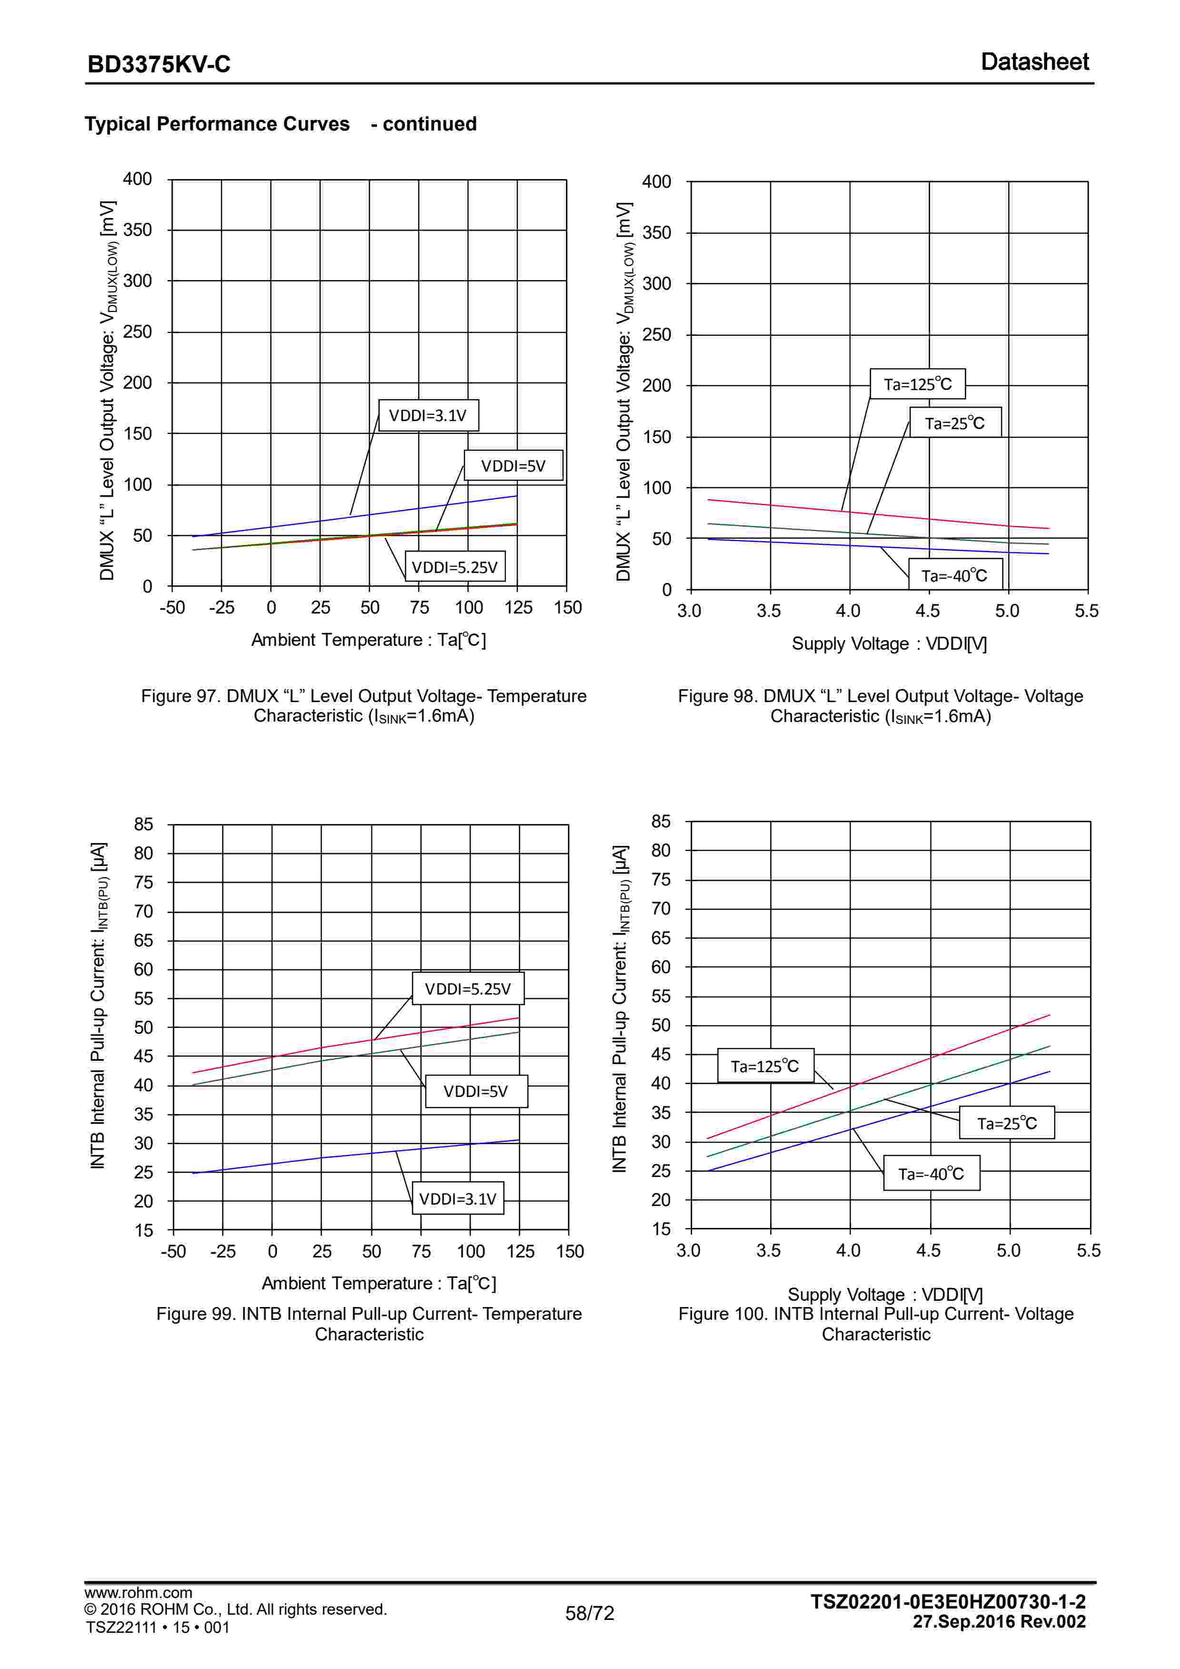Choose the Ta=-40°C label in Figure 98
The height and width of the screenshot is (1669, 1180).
click(955, 576)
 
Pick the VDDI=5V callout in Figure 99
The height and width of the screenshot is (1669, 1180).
click(476, 1091)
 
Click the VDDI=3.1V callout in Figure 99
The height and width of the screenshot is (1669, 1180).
click(458, 1199)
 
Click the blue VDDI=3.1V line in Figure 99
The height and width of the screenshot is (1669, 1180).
click(320, 1158)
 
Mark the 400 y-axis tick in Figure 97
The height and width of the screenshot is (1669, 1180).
click(138, 179)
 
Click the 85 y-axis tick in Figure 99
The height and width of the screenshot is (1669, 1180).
click(143, 824)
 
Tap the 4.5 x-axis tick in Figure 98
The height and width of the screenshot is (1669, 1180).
click(928, 611)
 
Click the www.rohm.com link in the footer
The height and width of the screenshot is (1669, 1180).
click(138, 1593)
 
